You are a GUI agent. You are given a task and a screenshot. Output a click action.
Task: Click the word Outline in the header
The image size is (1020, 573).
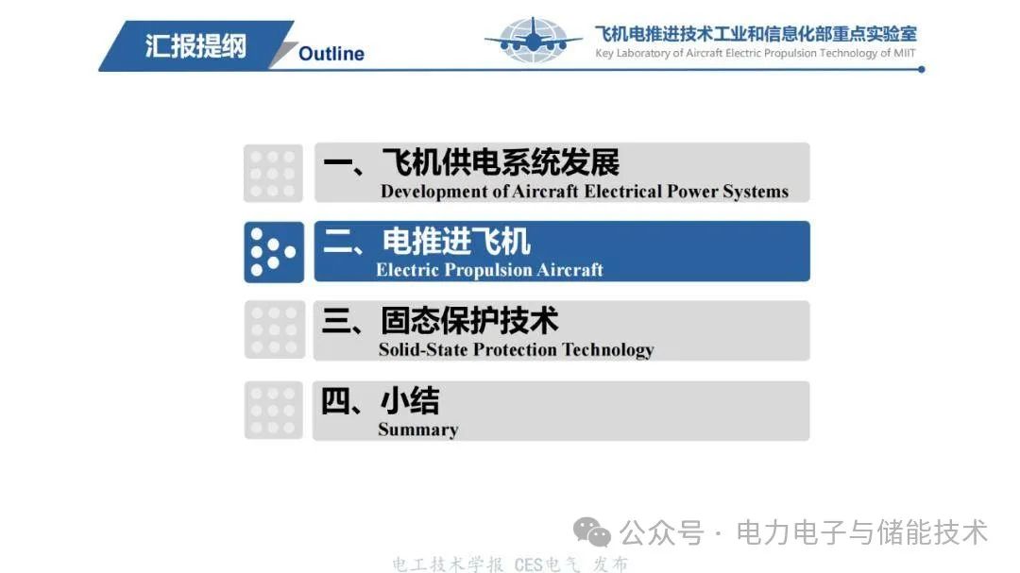pyautogui.click(x=331, y=53)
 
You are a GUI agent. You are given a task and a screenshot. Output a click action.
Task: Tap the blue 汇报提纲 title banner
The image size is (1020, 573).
pyautogui.click(x=195, y=45)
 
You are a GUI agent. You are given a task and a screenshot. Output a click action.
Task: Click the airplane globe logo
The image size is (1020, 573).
pyautogui.click(x=534, y=40)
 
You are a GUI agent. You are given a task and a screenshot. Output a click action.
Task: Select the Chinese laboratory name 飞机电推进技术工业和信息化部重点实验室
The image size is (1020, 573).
pyautogui.click(x=756, y=33)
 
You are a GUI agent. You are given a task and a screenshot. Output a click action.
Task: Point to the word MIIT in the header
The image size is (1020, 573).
pyautogui.click(x=904, y=53)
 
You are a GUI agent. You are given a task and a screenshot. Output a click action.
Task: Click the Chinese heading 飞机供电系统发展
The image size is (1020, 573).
pyautogui.click(x=501, y=162)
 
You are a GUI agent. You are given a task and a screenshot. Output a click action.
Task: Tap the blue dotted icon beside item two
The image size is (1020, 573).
pyautogui.click(x=274, y=252)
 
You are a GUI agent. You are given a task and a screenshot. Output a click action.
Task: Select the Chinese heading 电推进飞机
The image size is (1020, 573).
pyautogui.click(x=456, y=242)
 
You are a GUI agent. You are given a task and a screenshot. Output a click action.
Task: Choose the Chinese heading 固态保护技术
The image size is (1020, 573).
pyautogui.click(x=469, y=321)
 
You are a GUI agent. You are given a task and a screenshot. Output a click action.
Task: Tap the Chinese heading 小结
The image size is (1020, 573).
pyautogui.click(x=410, y=400)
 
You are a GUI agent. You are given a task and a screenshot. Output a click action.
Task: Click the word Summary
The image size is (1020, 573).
pyautogui.click(x=418, y=430)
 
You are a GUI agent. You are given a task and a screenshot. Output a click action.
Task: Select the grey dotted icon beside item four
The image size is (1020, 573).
pyautogui.click(x=274, y=411)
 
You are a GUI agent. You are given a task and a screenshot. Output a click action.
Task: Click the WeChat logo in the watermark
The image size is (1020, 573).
pyautogui.click(x=592, y=532)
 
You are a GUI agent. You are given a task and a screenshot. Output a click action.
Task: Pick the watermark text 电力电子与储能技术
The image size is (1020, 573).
pyautogui.click(x=862, y=532)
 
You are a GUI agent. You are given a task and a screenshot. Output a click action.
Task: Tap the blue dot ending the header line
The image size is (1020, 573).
pyautogui.click(x=921, y=70)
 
